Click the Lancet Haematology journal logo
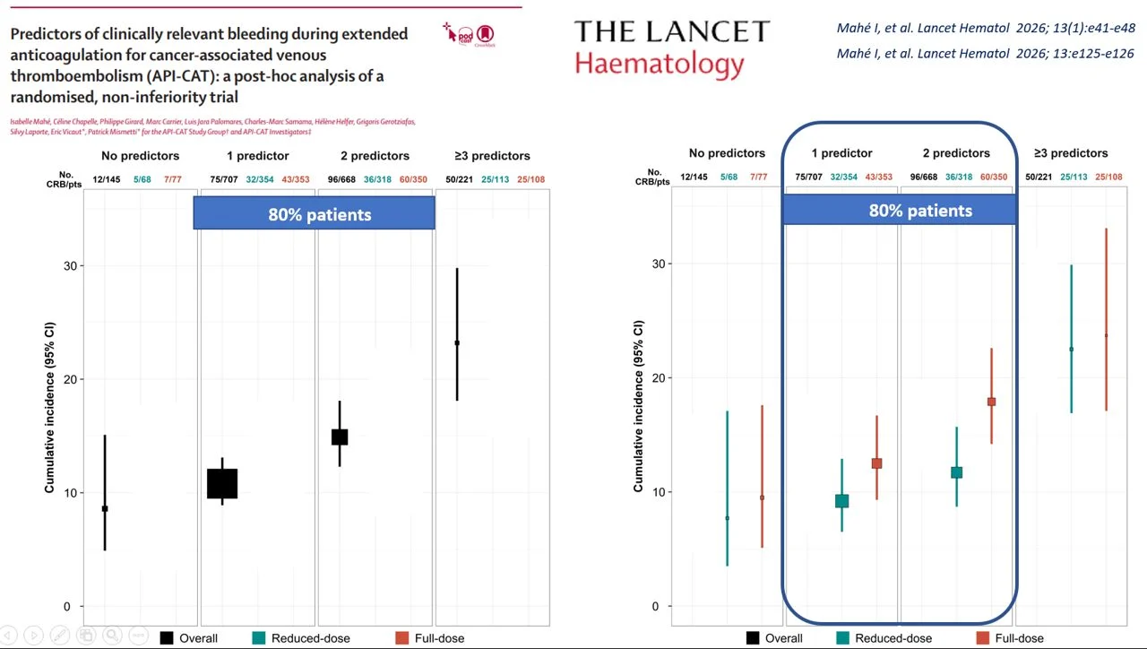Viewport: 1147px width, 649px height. (x=671, y=48)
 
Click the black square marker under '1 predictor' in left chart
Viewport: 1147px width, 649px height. (x=222, y=483)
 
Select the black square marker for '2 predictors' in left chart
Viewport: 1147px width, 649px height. (x=340, y=437)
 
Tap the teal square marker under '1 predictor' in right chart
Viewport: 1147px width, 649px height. (x=841, y=501)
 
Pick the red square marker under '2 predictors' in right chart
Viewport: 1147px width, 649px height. (x=991, y=402)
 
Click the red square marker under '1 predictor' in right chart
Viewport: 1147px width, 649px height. (x=877, y=463)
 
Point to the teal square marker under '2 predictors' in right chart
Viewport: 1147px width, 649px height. (x=956, y=472)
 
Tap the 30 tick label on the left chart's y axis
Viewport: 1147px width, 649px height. (x=70, y=266)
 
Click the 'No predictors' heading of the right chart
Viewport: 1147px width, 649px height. (x=727, y=153)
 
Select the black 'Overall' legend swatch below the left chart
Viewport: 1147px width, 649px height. (x=167, y=638)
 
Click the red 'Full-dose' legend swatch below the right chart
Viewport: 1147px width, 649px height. (x=982, y=638)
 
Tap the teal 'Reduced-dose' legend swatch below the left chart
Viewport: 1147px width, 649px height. (x=258, y=638)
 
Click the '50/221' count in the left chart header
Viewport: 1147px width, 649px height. (x=460, y=179)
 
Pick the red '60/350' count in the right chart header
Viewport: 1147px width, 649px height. (x=993, y=177)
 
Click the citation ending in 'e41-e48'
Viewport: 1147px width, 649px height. (x=985, y=30)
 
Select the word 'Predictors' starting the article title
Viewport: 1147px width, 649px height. (x=48, y=35)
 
